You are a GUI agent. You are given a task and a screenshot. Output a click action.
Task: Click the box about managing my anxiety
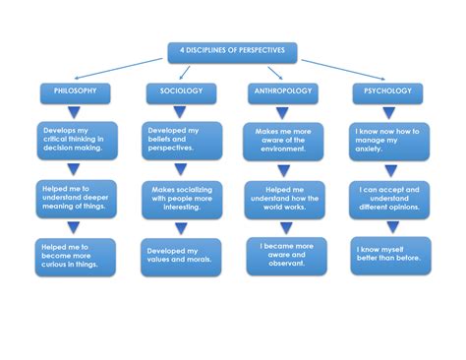[x=389, y=140]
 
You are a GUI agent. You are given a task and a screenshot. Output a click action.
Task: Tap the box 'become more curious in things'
[x=77, y=256]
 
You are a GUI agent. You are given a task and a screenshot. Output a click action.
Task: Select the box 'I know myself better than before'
[x=389, y=256]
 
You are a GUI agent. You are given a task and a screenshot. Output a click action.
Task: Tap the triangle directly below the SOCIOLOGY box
[x=181, y=113]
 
